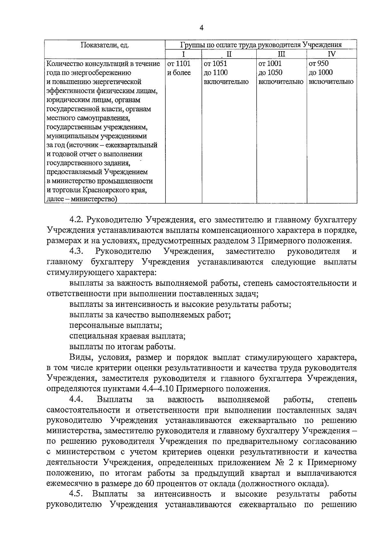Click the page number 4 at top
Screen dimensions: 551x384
(201, 28)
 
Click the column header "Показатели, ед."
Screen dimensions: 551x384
(105, 45)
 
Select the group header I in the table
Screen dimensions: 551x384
(183, 54)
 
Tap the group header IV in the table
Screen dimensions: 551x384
(332, 54)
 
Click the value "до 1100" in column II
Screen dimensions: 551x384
(216, 73)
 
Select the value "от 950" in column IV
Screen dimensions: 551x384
(319, 64)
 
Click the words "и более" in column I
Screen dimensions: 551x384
(179, 73)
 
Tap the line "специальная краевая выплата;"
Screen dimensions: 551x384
(127, 336)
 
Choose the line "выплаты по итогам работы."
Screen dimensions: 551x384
(122, 347)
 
